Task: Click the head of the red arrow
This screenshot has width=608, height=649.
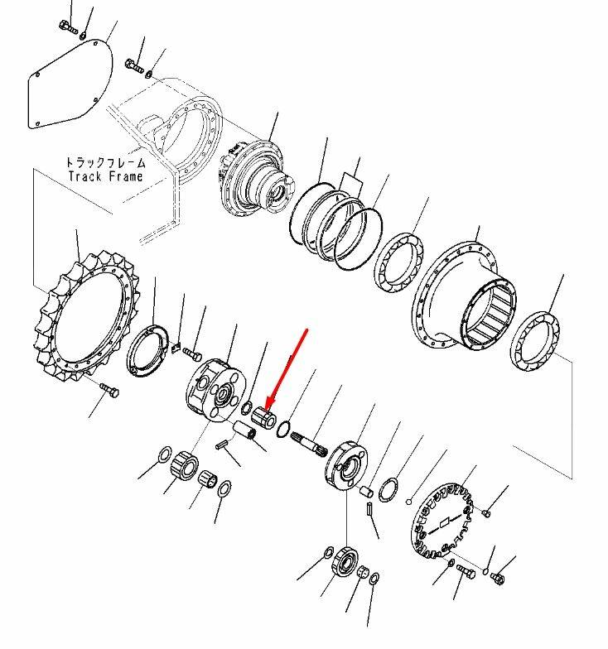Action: (x=268, y=405)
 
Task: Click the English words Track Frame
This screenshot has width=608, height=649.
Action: (x=106, y=176)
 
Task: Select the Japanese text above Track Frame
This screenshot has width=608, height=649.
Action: (x=106, y=162)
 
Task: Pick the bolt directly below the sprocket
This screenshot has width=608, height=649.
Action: (x=109, y=390)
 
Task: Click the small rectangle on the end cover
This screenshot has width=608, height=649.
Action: (x=444, y=523)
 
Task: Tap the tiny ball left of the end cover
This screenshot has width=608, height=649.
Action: (x=409, y=502)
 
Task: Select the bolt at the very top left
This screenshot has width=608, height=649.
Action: (x=68, y=27)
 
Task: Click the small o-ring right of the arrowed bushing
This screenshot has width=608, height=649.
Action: (x=283, y=429)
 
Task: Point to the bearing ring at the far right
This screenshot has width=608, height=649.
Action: (x=535, y=341)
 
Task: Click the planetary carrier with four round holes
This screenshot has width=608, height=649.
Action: (x=215, y=390)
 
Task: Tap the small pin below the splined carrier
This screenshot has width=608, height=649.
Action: (x=369, y=508)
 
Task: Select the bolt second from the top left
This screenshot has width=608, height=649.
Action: (x=134, y=66)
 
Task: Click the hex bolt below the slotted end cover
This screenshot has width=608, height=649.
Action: (x=466, y=573)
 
